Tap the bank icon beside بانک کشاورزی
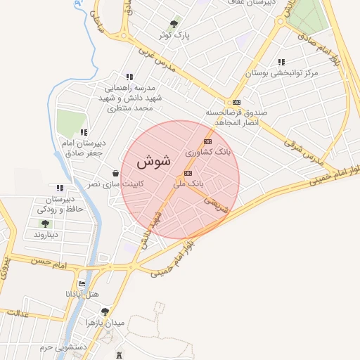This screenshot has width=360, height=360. (207, 142)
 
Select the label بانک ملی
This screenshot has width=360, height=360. (188, 182)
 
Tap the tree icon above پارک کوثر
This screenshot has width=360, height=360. (174, 23)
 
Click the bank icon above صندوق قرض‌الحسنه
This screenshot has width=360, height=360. (236, 101)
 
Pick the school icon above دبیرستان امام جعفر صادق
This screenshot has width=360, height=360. (84, 131)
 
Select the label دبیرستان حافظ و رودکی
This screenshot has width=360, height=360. (60, 204)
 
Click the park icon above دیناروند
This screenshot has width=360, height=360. (45, 224)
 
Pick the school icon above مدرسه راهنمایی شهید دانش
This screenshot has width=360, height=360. (129, 77)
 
